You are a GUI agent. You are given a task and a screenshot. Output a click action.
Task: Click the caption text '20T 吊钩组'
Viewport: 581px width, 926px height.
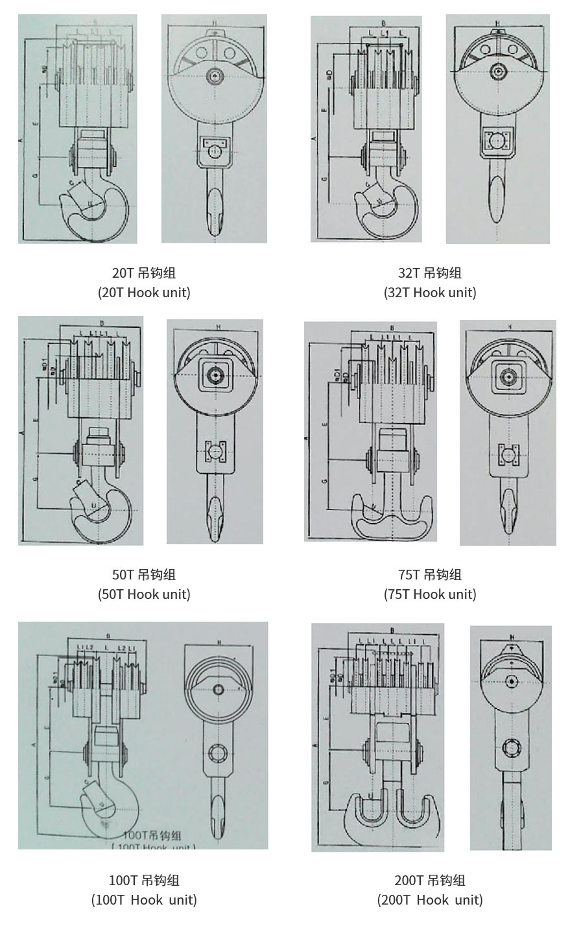click(144, 273)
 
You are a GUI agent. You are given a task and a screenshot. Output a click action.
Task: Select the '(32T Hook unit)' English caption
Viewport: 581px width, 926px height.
click(430, 293)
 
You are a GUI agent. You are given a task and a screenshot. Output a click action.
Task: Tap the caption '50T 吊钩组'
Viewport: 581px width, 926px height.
click(144, 575)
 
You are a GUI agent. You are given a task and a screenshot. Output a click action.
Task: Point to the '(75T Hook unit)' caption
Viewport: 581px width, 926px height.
click(430, 594)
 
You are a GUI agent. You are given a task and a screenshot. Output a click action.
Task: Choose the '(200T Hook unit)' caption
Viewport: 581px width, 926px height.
click(430, 900)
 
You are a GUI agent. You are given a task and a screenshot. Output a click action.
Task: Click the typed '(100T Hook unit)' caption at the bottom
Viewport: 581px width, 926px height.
click(144, 900)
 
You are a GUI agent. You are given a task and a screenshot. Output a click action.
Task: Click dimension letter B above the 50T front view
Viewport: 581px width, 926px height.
click(102, 323)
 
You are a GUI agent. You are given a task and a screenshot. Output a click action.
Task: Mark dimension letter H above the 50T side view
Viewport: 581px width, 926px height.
click(218, 326)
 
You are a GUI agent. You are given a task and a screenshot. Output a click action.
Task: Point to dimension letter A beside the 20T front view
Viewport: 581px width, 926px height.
click(21, 140)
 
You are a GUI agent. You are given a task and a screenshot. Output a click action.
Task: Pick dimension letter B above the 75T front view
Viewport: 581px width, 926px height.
click(393, 328)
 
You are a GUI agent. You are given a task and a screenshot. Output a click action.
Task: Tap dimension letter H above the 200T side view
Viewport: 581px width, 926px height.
click(512, 637)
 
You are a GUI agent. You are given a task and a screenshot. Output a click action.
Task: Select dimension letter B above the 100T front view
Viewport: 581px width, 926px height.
click(107, 635)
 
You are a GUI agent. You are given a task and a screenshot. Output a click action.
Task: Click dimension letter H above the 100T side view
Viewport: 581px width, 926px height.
click(219, 643)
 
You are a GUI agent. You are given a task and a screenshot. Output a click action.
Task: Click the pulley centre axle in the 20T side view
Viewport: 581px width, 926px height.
click(214, 77)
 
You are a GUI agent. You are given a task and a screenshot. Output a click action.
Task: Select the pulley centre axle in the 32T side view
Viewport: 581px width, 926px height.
click(498, 71)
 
